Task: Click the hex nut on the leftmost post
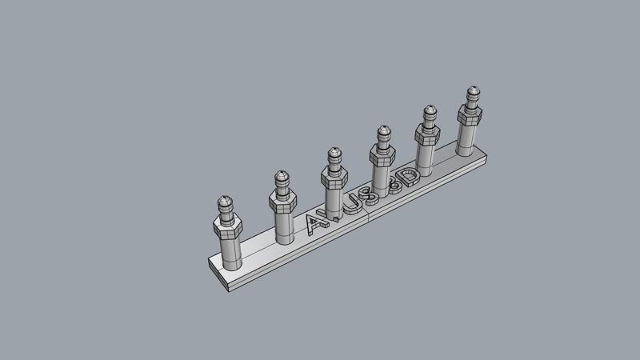[x=228, y=229]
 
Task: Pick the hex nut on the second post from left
[x=283, y=202]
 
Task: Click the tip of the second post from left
[x=282, y=174]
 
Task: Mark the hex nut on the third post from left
[x=333, y=175]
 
